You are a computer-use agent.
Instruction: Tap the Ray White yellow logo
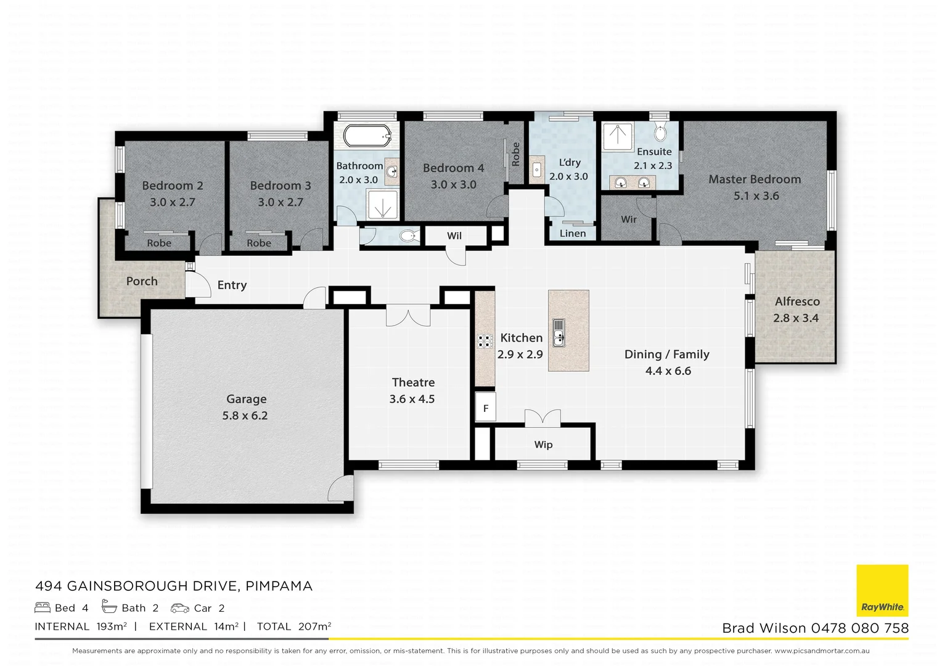(882, 590)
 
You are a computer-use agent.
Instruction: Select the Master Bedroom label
(755, 179)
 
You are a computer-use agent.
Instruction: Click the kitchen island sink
(559, 333)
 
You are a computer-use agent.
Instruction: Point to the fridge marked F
(486, 408)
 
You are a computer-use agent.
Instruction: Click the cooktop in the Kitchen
(485, 341)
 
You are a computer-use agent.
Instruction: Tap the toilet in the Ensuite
(660, 133)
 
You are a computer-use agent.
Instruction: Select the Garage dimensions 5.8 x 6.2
(245, 416)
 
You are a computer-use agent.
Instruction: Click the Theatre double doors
(408, 316)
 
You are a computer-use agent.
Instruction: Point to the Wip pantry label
(543, 445)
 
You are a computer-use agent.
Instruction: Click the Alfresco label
(797, 302)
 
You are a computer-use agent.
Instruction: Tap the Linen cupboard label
(573, 233)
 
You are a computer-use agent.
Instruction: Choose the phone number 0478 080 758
(859, 628)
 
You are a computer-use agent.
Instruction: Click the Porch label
(142, 281)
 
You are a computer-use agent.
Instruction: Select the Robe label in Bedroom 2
(159, 243)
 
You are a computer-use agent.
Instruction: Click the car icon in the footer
(180, 608)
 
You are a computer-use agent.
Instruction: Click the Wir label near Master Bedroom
(629, 219)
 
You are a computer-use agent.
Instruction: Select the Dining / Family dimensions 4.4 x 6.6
(668, 371)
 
